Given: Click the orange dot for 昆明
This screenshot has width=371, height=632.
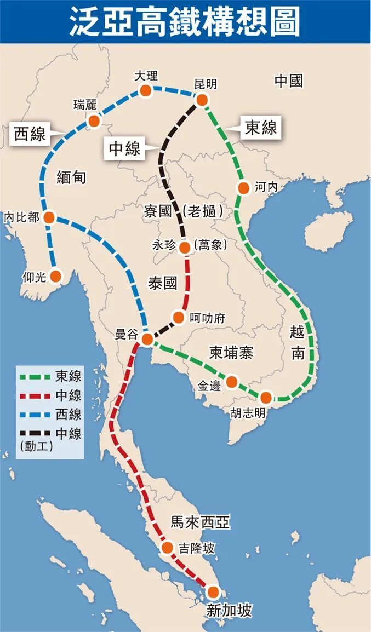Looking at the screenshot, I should [x=202, y=100].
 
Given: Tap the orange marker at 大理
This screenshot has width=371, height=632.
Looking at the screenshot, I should [x=145, y=90].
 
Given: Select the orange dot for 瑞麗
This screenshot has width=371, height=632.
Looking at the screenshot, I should [x=94, y=120].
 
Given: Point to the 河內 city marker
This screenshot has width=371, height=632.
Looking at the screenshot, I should [x=244, y=188].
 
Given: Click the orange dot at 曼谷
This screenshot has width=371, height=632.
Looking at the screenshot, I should [x=147, y=339].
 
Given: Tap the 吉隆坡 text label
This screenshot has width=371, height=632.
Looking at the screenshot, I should [x=196, y=548].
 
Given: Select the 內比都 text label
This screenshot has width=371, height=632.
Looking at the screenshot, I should [x=21, y=217].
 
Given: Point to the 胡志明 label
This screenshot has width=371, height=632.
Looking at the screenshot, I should [x=248, y=413].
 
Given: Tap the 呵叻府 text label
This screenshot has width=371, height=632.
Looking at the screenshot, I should [x=207, y=318].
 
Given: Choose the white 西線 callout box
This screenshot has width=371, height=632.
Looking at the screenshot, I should [x=30, y=134].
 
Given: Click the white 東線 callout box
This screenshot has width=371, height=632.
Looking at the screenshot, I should [x=260, y=128].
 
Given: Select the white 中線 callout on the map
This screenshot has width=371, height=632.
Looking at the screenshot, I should [x=124, y=148].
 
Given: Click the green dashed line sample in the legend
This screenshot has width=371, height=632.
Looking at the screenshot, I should [x=35, y=377].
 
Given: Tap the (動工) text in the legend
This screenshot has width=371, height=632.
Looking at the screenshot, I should [x=36, y=446].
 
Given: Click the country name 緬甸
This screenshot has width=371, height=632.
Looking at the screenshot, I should [x=71, y=177].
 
